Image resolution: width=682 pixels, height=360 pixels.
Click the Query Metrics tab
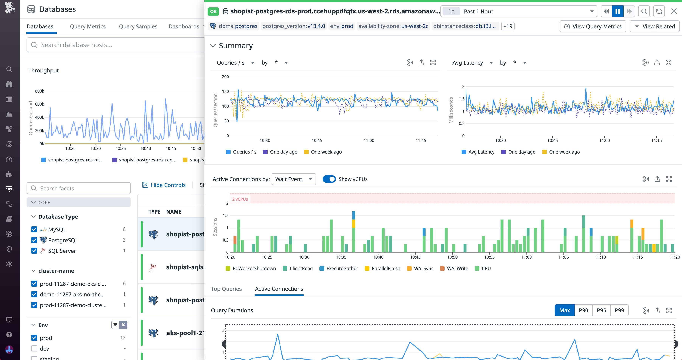pos(88,26)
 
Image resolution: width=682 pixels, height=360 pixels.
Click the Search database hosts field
pos(117,45)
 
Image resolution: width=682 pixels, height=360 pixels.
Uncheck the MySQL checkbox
pos(34,229)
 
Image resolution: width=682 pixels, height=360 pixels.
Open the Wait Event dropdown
pos(294,179)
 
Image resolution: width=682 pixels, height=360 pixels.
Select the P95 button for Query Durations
pos(601,310)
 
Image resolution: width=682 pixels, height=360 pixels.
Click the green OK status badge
pos(213,11)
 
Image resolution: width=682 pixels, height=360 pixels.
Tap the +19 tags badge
pos(508,26)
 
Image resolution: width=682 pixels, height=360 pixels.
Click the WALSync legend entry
pos(423,269)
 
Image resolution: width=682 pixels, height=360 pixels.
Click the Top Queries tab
pos(226,289)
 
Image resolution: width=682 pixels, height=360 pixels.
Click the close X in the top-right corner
pos(674,11)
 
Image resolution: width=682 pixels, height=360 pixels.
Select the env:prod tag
pos(342,26)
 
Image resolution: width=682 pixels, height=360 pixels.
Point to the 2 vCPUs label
pos(240,199)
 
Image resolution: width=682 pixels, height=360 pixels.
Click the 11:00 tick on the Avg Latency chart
pos(604,141)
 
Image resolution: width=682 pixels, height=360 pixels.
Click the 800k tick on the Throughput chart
pos(40,91)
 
